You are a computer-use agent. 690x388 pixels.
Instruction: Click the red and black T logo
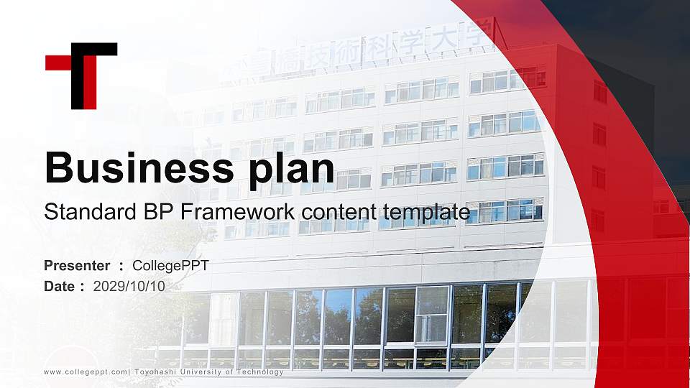(x=81, y=75)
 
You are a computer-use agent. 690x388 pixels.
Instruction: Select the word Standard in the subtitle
(x=80, y=212)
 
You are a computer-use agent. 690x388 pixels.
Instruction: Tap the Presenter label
(x=77, y=266)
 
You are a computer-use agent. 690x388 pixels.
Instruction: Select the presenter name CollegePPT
(x=171, y=266)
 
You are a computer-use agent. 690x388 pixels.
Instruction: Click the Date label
(x=60, y=286)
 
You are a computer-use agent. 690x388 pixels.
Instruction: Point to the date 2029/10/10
(x=129, y=286)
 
